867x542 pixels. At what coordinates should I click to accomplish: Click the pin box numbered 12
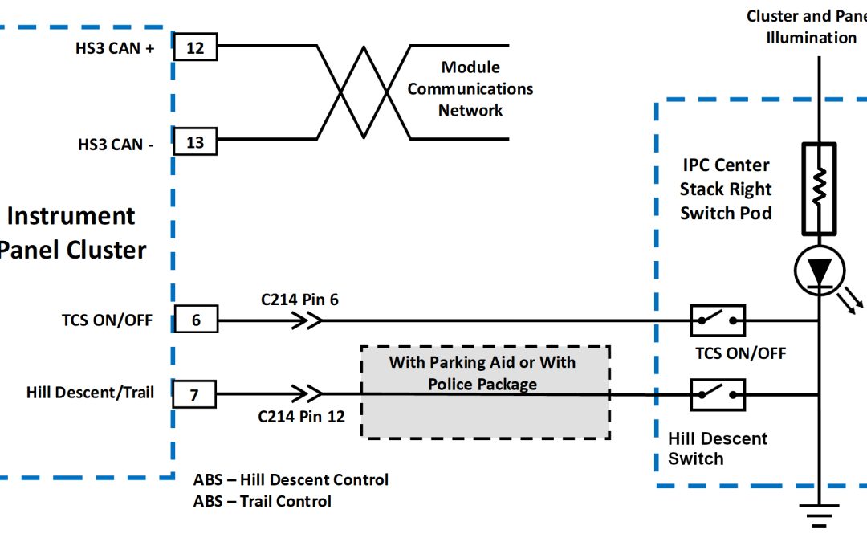[195, 47]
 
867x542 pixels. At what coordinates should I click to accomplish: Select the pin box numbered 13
[195, 142]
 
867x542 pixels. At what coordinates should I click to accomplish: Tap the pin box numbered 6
[195, 320]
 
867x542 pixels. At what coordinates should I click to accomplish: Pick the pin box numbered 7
[195, 394]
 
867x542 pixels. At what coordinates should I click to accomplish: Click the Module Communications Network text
[470, 89]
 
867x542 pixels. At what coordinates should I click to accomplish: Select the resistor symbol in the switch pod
[819, 188]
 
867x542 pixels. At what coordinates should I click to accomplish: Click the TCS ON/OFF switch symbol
[718, 320]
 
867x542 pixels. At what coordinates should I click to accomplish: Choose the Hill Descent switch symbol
[718, 394]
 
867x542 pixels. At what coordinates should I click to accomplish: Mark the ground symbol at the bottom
[819, 515]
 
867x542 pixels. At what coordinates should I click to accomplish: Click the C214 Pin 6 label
[299, 300]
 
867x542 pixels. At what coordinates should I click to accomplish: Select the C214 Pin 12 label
[301, 416]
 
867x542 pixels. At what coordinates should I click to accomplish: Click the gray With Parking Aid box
[485, 393]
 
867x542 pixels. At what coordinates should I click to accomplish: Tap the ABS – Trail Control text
[263, 501]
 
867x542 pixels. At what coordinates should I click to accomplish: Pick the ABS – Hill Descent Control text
[291, 479]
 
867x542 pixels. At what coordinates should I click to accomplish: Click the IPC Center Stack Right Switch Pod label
[726, 189]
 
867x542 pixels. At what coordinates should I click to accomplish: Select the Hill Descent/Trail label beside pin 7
[90, 393]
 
